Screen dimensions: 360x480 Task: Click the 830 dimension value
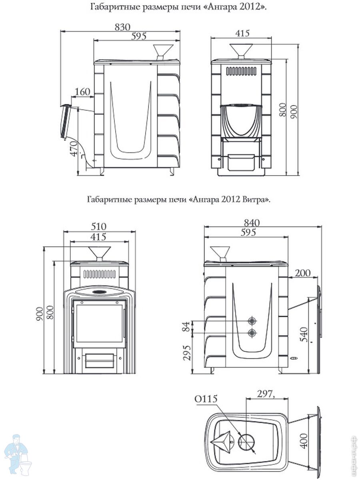coord(122,27)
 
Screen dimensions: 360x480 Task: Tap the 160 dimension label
coord(82,92)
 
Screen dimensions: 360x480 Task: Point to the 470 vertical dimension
coord(74,149)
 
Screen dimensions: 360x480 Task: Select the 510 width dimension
coord(98,226)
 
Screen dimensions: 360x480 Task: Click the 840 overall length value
coord(252,223)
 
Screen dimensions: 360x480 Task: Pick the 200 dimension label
coord(303,273)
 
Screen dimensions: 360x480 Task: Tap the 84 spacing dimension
coord(186,327)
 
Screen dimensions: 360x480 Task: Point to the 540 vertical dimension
coord(304,334)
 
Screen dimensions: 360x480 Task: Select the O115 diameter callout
coord(206,399)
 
